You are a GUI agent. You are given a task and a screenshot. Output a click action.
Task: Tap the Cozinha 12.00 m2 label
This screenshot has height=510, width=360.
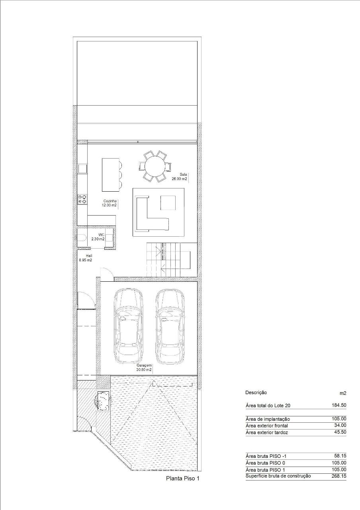tap(109, 203)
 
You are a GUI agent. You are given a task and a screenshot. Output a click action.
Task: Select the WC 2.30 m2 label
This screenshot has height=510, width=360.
tap(98, 237)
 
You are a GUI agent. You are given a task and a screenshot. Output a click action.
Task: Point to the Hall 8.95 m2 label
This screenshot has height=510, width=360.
tap(86, 258)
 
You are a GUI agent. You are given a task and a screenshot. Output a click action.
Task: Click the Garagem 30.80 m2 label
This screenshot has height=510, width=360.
tap(144, 368)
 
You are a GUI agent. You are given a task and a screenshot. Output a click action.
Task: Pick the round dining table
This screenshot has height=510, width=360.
tap(155, 166)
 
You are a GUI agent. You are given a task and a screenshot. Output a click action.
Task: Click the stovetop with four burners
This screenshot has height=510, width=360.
tap(82, 200)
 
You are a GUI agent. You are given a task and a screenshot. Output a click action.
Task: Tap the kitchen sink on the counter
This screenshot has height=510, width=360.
tap(82, 169)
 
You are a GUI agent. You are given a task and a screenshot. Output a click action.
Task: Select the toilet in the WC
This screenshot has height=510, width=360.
tap(82, 238)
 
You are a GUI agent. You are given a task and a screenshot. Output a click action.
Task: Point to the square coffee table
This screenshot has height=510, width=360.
tap(168, 203)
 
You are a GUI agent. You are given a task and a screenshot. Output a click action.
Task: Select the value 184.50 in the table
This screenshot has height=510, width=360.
tap(339, 405)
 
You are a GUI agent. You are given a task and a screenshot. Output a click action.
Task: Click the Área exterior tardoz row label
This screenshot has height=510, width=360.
tap(267, 432)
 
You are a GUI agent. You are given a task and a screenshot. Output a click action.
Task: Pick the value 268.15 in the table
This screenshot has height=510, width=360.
tap(339, 476)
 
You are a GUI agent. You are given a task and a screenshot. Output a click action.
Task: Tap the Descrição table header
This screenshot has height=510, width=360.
tap(256, 392)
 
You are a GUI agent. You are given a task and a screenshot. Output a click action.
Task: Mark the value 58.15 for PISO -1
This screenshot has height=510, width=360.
tap(340, 456)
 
